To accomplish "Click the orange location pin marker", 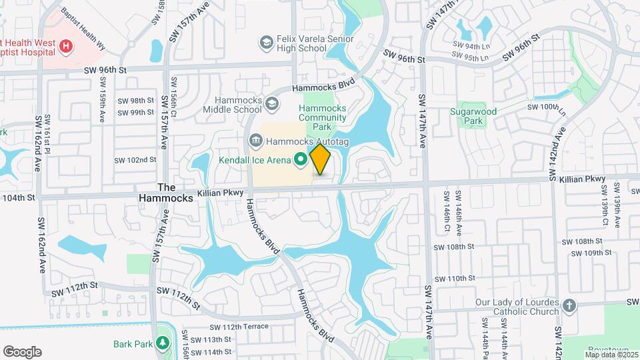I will click(321, 159).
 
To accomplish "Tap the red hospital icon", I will click(66, 46).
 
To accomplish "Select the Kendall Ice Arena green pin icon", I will click(300, 159).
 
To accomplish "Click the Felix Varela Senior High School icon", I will click(267, 43).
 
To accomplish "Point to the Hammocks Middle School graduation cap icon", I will click(271, 104).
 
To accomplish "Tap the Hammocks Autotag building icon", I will click(255, 141).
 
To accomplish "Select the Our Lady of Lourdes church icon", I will click(569, 306).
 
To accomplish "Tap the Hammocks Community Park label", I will click(322, 117).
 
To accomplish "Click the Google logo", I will click(22, 352).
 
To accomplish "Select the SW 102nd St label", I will click(135, 160).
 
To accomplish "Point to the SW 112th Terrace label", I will click(239, 327).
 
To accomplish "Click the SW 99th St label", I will click(136, 112).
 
